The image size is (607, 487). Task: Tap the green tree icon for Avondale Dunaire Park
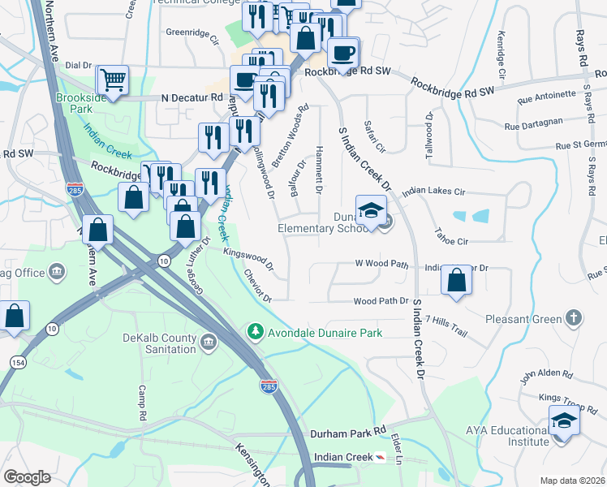pos(256,331)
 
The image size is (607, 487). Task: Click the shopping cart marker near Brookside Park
pos(113,80)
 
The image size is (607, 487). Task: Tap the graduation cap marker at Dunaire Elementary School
pos(371,211)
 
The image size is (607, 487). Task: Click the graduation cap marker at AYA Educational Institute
pos(564,422)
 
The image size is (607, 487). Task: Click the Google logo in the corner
pos(27,477)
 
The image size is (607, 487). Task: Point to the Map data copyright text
pos(571,481)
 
